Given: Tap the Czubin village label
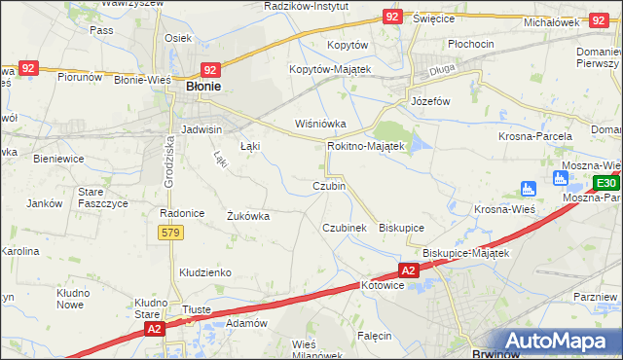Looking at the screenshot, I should coord(328,185).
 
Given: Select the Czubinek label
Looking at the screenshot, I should coord(344,227).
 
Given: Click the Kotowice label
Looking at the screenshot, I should coord(382,286).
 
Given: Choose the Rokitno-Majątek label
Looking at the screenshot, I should coord(365,146).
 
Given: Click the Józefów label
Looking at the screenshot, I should coord(429,101).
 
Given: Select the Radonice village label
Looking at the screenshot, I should coord(179,212).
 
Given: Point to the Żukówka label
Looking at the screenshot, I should coord(247,216).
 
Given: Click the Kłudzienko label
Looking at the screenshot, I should coord(203,272).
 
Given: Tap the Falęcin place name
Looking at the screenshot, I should coord(374,335).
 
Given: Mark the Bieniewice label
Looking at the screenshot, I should coord(57,157).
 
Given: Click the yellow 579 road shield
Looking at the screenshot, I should coord(169,232).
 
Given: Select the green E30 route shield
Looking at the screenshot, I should coord(605,183).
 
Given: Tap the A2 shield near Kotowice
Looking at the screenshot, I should coord(408,270).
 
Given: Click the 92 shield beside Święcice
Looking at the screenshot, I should coord(391,17).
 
